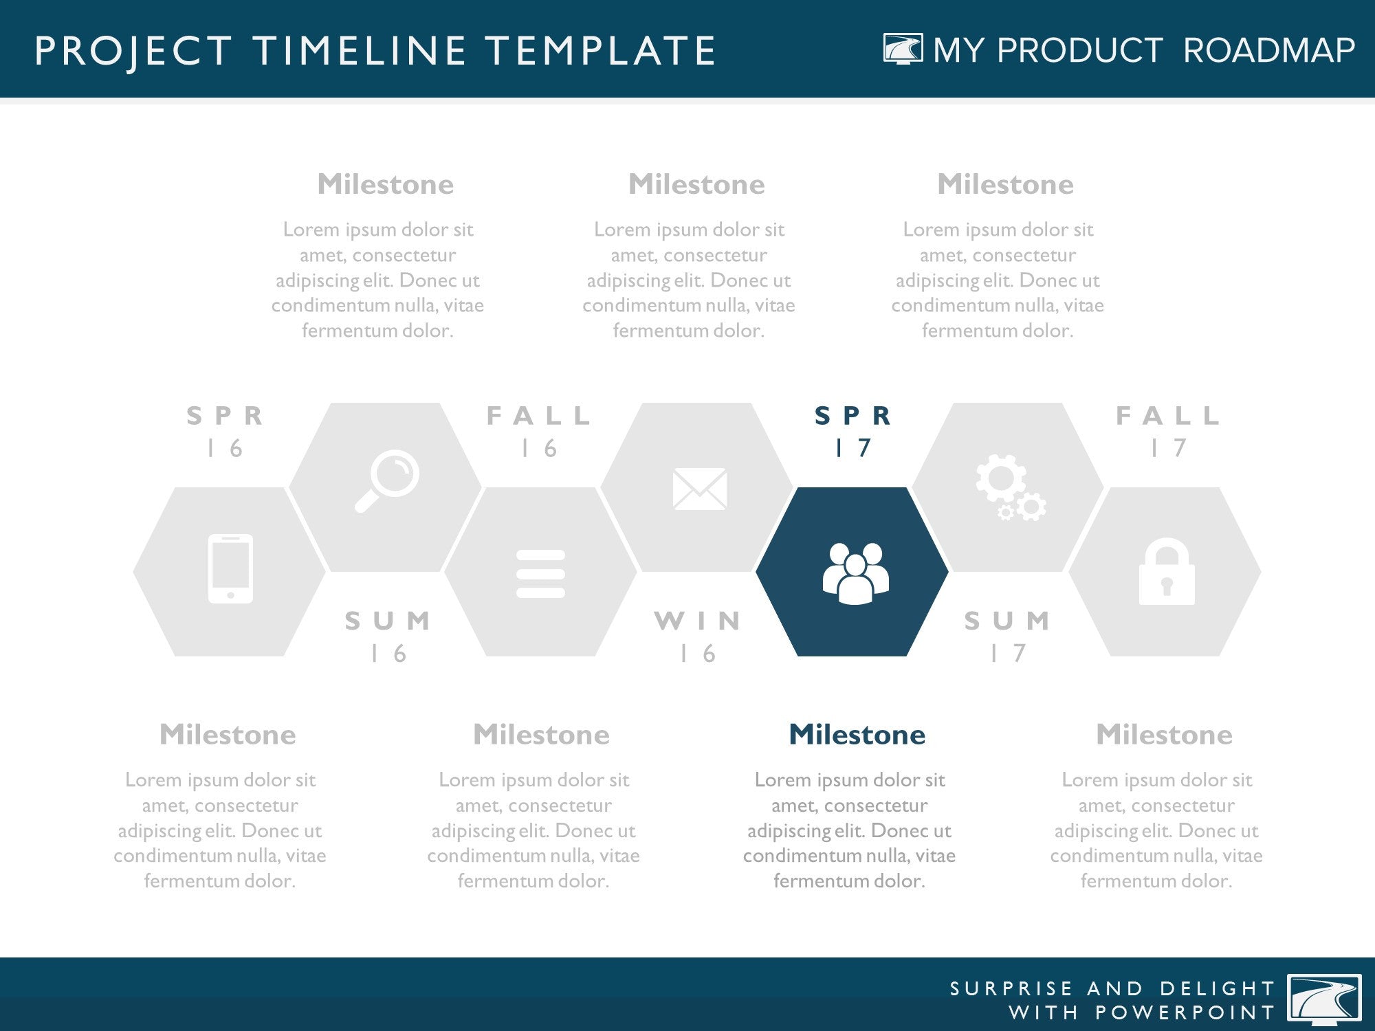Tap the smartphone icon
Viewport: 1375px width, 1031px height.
coord(230,569)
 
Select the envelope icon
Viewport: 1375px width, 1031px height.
coord(700,489)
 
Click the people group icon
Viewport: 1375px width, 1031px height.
coord(855,573)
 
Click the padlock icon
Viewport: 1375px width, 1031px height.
coord(1167,571)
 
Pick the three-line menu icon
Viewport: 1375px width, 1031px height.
coord(540,573)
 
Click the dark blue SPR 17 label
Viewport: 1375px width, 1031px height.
coord(852,432)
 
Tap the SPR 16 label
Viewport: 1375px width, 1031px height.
coord(225,432)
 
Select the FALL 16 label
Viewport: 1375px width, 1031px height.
coord(538,432)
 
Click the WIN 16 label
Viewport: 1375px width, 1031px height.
coord(698,636)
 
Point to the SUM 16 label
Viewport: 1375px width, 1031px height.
coord(388,636)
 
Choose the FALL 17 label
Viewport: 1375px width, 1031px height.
coord(1168,432)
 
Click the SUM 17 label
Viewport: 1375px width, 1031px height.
coord(1008,636)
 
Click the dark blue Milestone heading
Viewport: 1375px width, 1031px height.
coord(857,735)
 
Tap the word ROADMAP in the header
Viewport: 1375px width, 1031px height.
coord(1269,50)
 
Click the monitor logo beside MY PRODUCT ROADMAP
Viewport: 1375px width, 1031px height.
coord(903,49)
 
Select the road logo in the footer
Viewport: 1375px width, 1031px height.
coord(1324,999)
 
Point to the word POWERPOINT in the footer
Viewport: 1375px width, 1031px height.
coord(1185,1012)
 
